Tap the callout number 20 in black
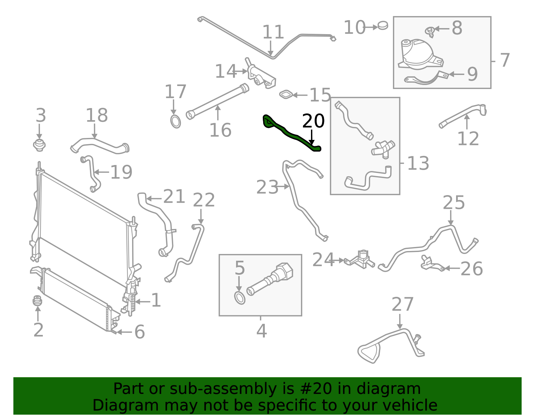pyautogui.click(x=313, y=121)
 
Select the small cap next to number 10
pyautogui.click(x=383, y=25)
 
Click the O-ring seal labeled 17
pyautogui.click(x=176, y=121)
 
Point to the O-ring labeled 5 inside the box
pyautogui.click(x=239, y=298)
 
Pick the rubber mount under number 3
pyautogui.click(x=39, y=145)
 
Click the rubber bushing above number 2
pyautogui.click(x=37, y=301)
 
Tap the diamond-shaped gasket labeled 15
pyautogui.click(x=286, y=95)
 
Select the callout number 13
pyautogui.click(x=418, y=164)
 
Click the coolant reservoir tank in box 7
pyautogui.click(x=418, y=55)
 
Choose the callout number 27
pyautogui.click(x=402, y=305)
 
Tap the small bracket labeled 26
pyautogui.click(x=431, y=263)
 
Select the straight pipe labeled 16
pyautogui.click(x=217, y=100)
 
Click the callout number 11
pyautogui.click(x=273, y=32)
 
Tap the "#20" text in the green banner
pyautogui.click(x=316, y=389)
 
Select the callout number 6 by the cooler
pyautogui.click(x=139, y=332)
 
